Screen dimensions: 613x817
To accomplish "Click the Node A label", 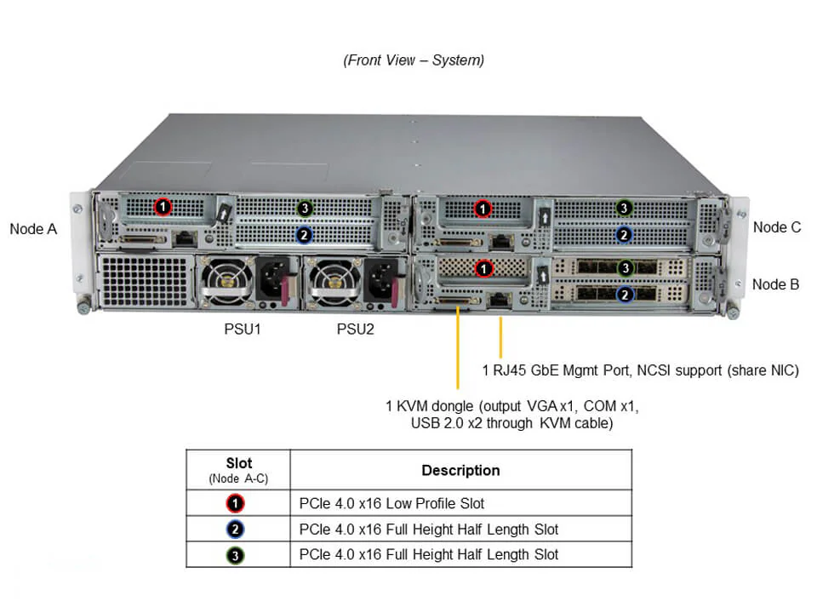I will (33, 228).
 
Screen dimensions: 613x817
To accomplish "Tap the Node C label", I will (776, 227).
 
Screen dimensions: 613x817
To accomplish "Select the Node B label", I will (775, 284).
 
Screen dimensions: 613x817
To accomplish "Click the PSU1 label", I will (237, 329).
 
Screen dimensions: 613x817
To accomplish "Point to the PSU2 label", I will (355, 329).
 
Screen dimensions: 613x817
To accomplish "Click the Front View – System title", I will (414, 60).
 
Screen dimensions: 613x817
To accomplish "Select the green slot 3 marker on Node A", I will (305, 208).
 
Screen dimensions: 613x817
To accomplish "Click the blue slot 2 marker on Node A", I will (305, 233).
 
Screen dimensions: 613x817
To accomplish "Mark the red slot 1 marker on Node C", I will (483, 208).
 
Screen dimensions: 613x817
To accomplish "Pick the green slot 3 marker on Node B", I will (625, 268).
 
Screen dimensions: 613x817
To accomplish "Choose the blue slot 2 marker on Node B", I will (625, 295).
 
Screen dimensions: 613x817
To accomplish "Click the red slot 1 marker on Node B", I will (483, 268).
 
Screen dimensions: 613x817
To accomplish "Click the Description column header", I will (460, 470).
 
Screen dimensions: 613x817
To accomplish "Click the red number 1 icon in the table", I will (237, 504).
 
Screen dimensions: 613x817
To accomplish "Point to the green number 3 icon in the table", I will (237, 555).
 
